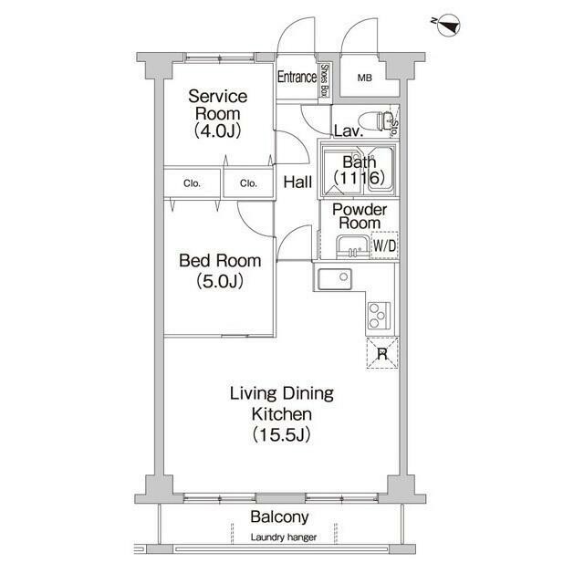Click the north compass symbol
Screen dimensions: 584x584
click(x=448, y=26)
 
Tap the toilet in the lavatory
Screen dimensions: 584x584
click(x=375, y=121)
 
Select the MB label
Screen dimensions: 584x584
click(x=365, y=78)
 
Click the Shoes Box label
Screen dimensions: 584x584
click(x=325, y=80)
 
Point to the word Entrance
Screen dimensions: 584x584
click(x=297, y=77)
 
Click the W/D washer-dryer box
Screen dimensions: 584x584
click(x=384, y=245)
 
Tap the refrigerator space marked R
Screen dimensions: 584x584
click(x=382, y=353)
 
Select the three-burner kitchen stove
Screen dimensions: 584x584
click(x=380, y=316)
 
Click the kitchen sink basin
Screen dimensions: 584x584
click(x=334, y=279)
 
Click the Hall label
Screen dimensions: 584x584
click(x=297, y=182)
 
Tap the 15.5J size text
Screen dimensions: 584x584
click(x=282, y=434)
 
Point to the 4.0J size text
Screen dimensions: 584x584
click(x=218, y=130)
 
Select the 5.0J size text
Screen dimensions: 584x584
click(x=220, y=281)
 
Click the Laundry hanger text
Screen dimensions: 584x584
click(x=284, y=537)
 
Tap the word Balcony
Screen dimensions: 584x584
click(x=279, y=517)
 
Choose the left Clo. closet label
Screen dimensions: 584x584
click(x=192, y=183)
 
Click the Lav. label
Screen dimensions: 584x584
click(x=349, y=131)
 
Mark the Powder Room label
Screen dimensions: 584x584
click(x=360, y=216)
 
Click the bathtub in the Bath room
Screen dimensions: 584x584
click(x=381, y=170)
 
